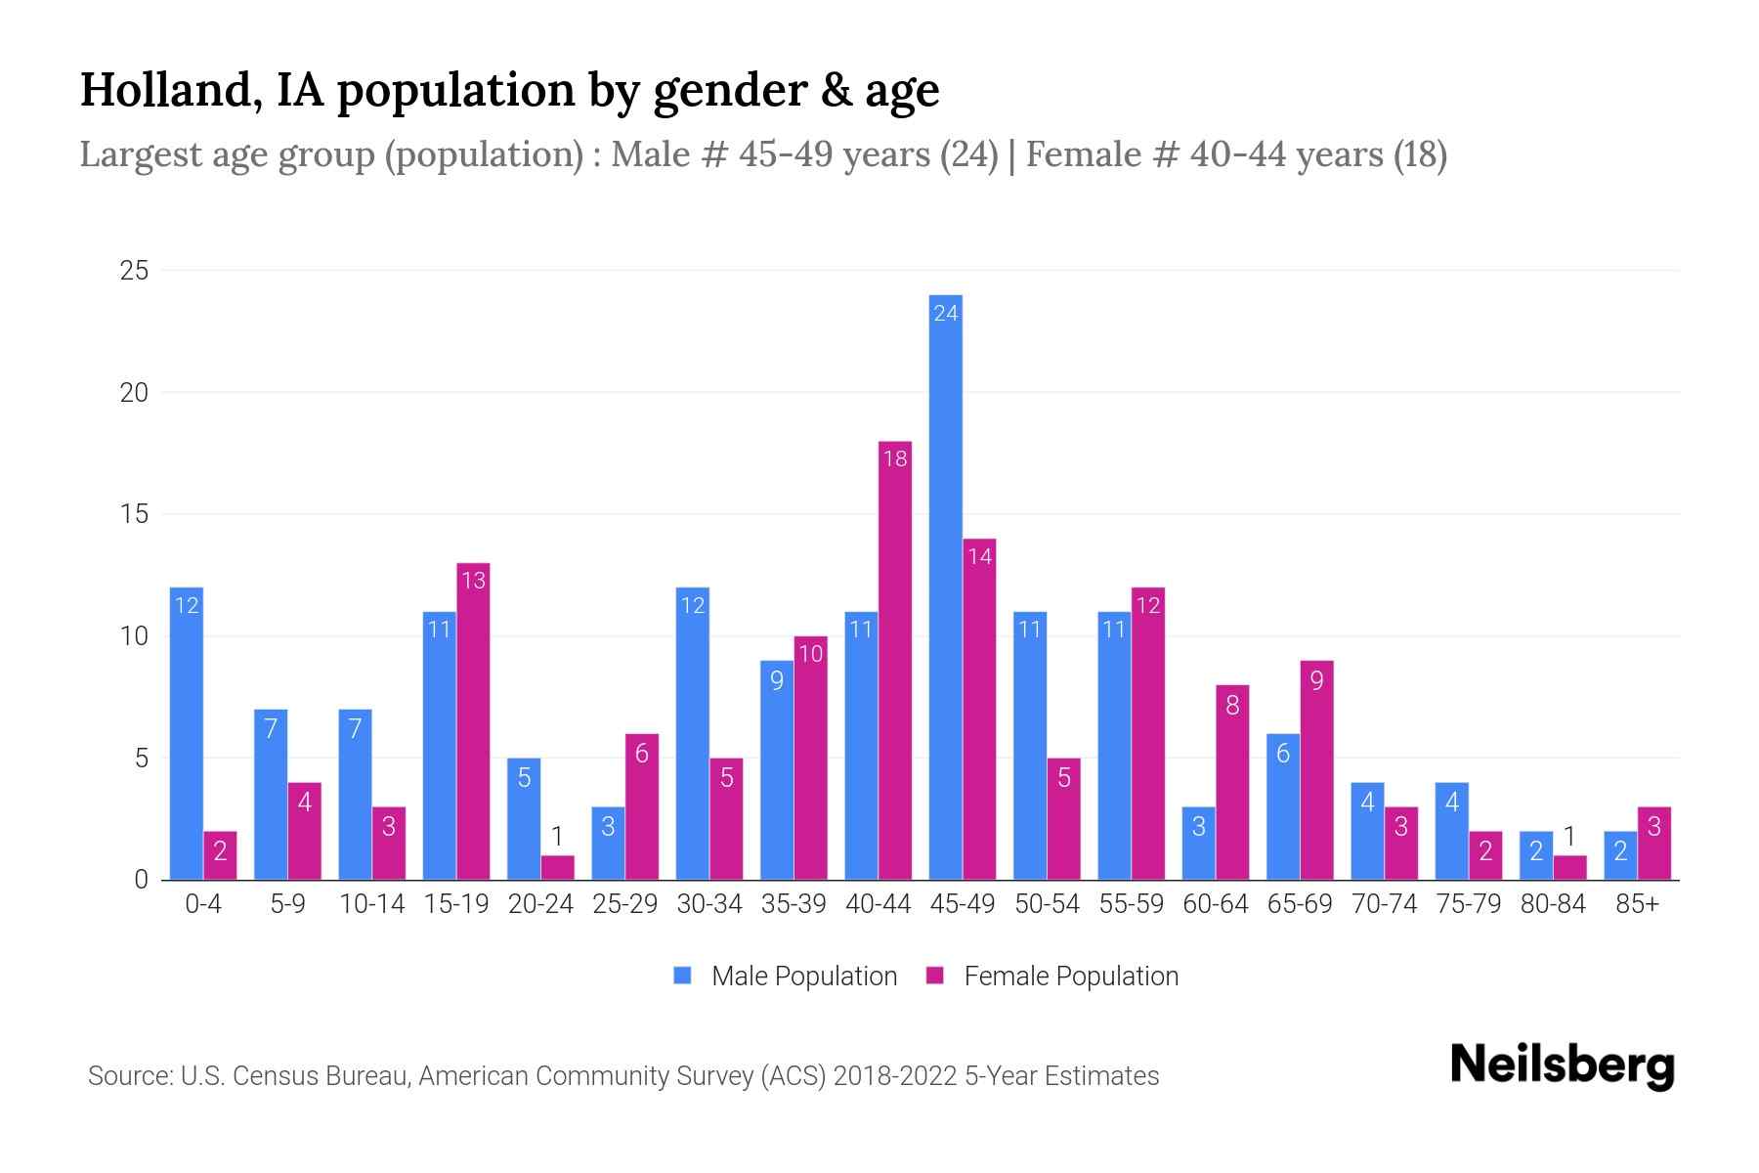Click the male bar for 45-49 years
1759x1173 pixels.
[945, 586]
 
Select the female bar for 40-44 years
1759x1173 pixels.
[895, 661]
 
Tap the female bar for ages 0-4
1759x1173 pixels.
[220, 855]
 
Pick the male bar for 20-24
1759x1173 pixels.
[524, 819]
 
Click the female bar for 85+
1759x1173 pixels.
[1653, 844]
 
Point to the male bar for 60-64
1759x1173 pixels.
[1198, 844]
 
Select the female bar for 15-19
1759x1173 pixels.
[473, 721]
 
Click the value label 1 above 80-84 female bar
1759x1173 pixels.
[1569, 837]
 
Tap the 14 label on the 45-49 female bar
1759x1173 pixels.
[979, 557]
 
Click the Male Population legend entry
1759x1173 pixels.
[787, 976]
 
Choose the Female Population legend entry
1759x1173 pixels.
[1053, 976]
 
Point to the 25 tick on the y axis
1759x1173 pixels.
[134, 271]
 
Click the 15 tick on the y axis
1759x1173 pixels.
[134, 514]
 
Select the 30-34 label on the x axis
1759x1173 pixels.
[709, 904]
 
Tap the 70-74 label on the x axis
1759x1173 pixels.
[1384, 904]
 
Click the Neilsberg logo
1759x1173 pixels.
[1562, 1065]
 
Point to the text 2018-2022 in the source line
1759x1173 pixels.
[895, 1076]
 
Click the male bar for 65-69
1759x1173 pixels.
[1282, 806]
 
